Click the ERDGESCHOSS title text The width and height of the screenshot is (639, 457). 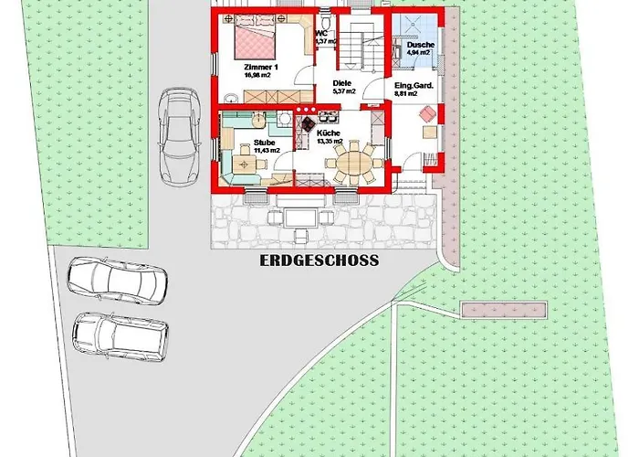pos(319,260)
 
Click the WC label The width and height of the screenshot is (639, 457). pos(320,33)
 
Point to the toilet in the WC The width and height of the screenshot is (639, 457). pos(325,19)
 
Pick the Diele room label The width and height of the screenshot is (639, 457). pos(341,81)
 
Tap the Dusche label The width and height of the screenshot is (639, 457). pos(421,46)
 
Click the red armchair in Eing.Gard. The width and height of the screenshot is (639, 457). pos(425,114)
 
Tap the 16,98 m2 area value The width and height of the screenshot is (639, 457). pos(259,76)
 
